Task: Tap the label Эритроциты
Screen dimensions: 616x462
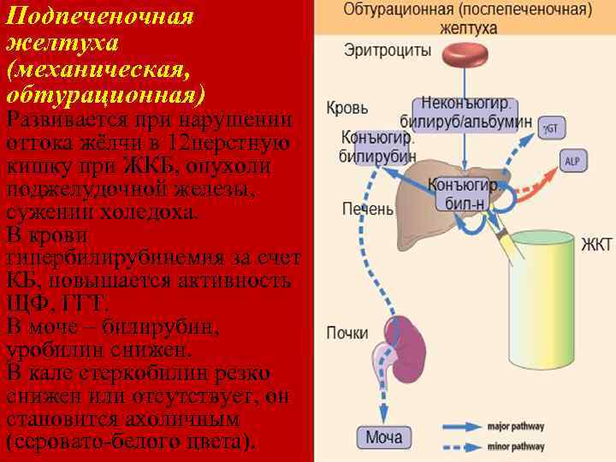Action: [388, 50]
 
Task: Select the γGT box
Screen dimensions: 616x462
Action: [551, 128]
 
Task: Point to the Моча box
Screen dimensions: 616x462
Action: [383, 438]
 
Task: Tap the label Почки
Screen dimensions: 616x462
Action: [347, 333]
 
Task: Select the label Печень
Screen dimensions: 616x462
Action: [368, 208]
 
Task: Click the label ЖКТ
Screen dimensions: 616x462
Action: [596, 245]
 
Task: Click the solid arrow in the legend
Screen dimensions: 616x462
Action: [462, 426]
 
